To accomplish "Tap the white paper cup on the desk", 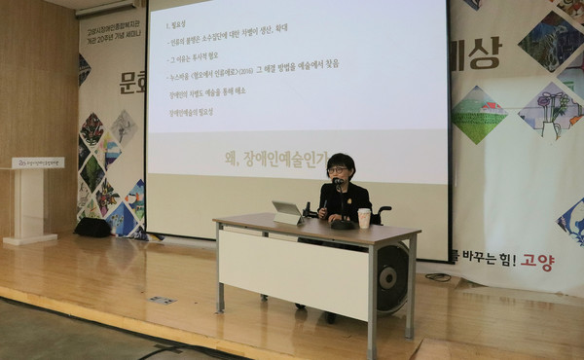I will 364,218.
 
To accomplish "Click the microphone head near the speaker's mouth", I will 337,182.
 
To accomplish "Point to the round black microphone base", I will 343,224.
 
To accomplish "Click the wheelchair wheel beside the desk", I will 393,279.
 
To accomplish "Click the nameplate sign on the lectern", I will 37,162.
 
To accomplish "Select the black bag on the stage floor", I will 92,227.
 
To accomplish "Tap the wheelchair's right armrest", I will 383,209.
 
